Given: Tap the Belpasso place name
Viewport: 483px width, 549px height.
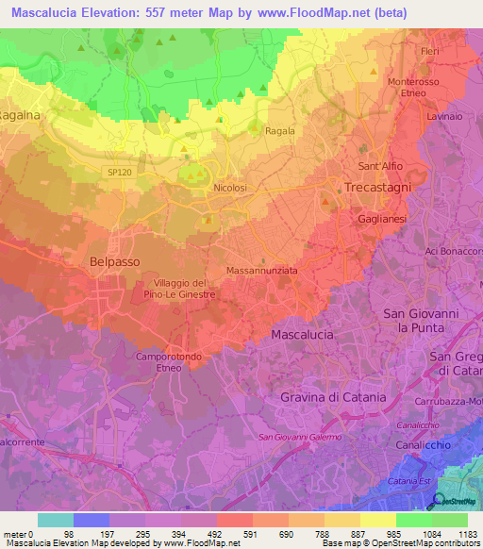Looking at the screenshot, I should [115, 260].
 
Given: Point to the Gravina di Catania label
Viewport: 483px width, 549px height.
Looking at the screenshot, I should [333, 397].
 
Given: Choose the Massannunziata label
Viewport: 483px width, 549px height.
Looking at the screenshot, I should [262, 270].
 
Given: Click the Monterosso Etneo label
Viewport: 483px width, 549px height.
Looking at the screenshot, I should [414, 88].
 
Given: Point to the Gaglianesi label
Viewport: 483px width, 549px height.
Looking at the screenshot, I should [382, 217].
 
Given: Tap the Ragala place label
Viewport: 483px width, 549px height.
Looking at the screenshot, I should [280, 132].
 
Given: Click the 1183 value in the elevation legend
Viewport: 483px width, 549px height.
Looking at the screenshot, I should [466, 535].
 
